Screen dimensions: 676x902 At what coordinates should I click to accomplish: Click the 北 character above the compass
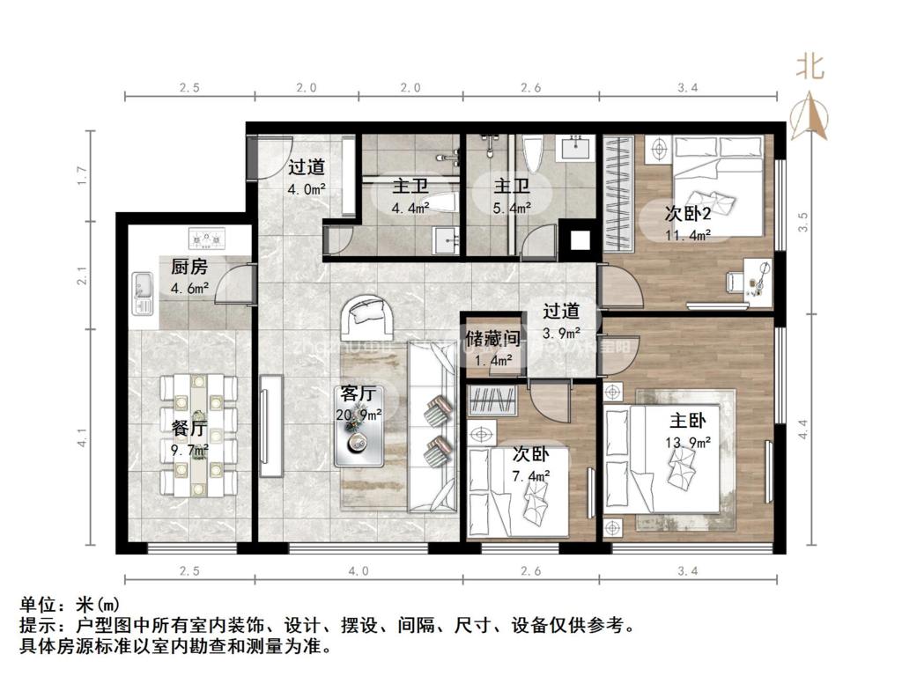click(810, 67)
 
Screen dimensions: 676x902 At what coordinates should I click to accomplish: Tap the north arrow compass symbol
click(810, 118)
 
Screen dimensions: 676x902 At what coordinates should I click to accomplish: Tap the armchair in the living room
click(368, 315)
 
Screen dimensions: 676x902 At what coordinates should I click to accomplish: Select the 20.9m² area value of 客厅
click(359, 414)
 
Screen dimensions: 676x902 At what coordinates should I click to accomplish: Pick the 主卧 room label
click(688, 419)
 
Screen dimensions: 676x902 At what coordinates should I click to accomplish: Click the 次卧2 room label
click(688, 213)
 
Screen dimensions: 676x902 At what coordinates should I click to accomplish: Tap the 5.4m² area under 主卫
click(511, 208)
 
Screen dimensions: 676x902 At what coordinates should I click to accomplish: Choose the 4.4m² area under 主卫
click(410, 208)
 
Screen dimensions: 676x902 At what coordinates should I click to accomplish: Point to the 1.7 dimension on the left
click(81, 175)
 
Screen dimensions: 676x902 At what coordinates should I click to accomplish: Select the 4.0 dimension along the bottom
click(358, 571)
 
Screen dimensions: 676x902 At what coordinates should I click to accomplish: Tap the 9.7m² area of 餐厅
click(189, 450)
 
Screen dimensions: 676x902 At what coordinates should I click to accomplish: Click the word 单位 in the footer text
click(36, 606)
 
